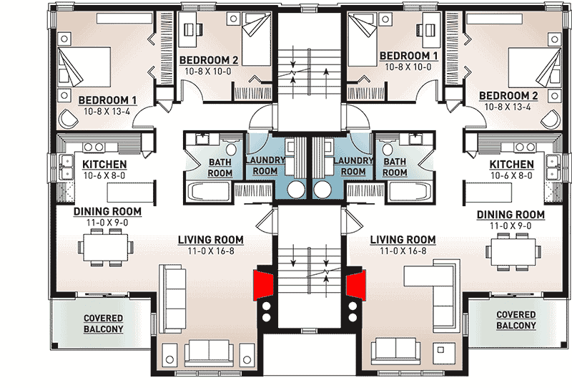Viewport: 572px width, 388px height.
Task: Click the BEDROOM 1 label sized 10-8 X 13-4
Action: [x=107, y=100]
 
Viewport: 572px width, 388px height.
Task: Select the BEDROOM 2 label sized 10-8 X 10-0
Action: [x=208, y=59]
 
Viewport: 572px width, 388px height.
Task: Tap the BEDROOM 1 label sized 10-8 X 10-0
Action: [x=408, y=56]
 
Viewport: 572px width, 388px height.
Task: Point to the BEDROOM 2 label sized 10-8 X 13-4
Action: [x=508, y=96]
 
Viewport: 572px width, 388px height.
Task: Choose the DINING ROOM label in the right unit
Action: [x=511, y=215]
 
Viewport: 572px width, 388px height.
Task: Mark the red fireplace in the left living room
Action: [x=265, y=283]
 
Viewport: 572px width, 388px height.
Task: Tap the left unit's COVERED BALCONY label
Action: [x=103, y=324]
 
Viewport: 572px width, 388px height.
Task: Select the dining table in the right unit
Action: [x=511, y=251]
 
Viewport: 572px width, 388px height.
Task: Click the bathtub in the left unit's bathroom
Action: [x=209, y=192]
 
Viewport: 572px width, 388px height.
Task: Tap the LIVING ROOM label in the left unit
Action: [x=213, y=239]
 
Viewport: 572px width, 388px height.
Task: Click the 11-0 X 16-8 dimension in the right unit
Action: [x=403, y=251]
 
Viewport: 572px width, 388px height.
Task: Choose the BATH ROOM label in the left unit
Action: [x=220, y=168]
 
